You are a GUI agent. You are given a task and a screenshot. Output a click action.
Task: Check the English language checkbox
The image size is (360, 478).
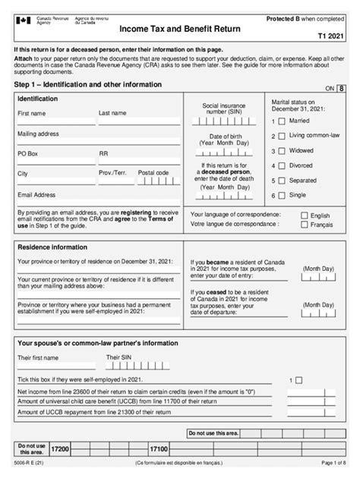tap(305, 215)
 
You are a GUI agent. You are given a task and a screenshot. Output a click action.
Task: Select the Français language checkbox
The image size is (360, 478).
tap(305, 225)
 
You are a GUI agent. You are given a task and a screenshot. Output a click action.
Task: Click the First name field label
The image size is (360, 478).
tap(33, 114)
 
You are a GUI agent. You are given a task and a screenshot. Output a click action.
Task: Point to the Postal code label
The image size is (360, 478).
tap(153, 173)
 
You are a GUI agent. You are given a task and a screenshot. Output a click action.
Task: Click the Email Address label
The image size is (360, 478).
tap(36, 195)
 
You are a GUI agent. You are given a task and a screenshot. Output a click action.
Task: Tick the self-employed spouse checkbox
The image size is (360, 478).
tap(298, 379)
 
